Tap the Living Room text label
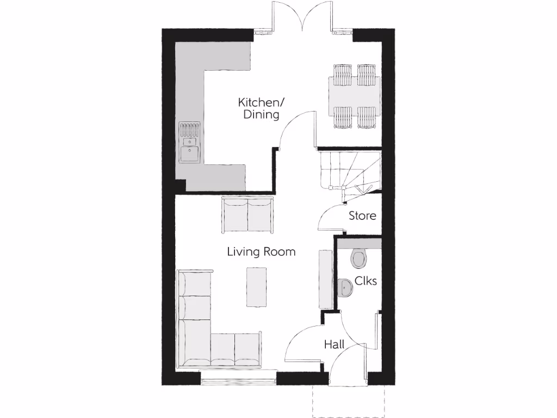coord(261,251)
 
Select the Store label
coord(362,216)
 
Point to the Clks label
coord(366,281)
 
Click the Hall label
coord(334,344)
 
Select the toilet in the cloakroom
coord(359,259)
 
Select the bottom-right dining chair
coord(366,117)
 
